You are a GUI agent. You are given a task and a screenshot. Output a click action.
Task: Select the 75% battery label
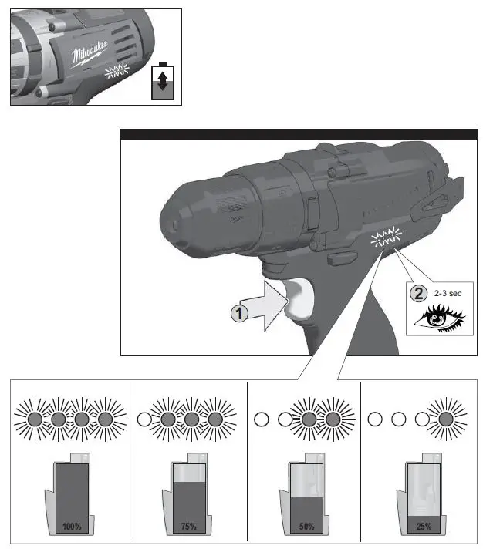click(x=187, y=527)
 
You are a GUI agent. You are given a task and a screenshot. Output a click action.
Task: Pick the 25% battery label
click(x=421, y=527)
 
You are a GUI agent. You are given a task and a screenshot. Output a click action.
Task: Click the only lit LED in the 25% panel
click(x=445, y=420)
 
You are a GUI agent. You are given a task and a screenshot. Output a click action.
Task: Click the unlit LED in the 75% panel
click(x=143, y=420)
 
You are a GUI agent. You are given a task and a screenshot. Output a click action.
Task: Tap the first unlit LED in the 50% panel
click(x=262, y=420)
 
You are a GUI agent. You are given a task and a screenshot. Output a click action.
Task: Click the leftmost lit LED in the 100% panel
click(x=34, y=420)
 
